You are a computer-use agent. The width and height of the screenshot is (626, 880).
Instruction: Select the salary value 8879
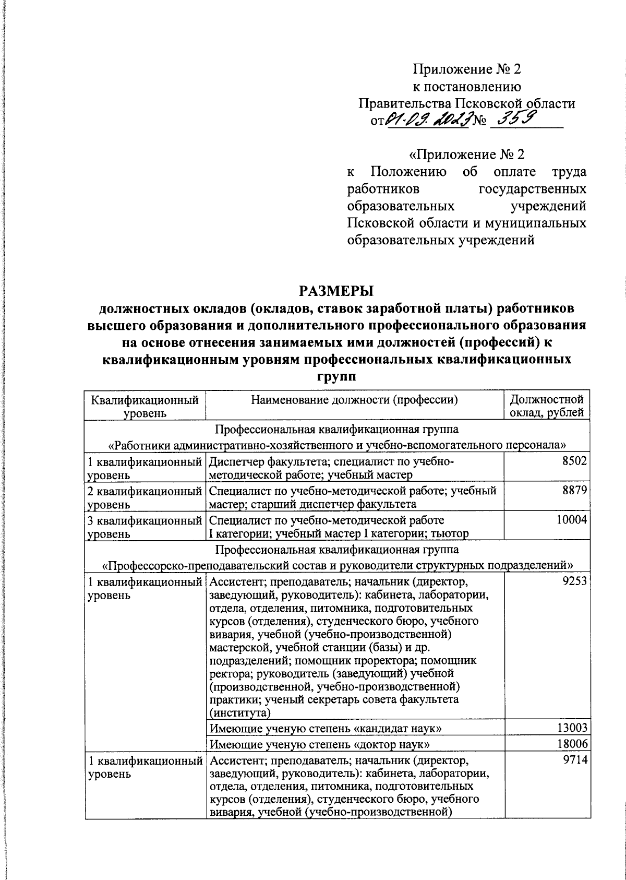pyautogui.click(x=576, y=491)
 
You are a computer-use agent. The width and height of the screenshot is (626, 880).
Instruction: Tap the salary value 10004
pyautogui.click(x=573, y=520)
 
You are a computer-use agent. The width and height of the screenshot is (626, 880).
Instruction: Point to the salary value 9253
pyautogui.click(x=576, y=581)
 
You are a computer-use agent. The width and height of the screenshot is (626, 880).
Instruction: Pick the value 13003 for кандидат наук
pyautogui.click(x=573, y=728)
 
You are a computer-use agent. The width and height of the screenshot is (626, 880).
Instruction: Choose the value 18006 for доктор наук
pyautogui.click(x=573, y=744)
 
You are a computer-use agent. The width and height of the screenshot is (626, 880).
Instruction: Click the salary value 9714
pyautogui.click(x=576, y=760)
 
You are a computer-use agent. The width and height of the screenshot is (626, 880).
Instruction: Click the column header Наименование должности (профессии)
pyautogui.click(x=354, y=400)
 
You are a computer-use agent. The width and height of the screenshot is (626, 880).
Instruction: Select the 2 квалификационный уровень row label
pyautogui.click(x=145, y=497)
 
